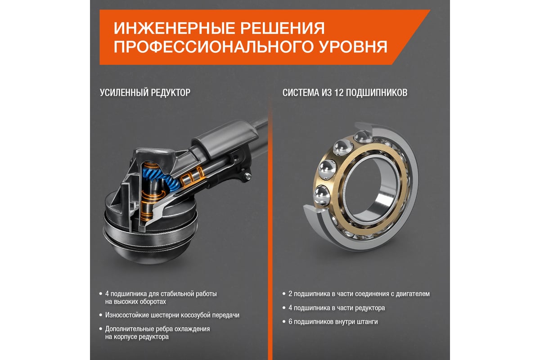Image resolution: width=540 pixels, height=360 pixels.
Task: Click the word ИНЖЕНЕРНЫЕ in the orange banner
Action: (174, 28)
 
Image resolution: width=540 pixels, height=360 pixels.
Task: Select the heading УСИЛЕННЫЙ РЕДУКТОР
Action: (145, 93)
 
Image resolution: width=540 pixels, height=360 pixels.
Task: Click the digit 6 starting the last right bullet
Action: (290, 322)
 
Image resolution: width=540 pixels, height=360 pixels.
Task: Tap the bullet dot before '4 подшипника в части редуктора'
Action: (284, 308)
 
